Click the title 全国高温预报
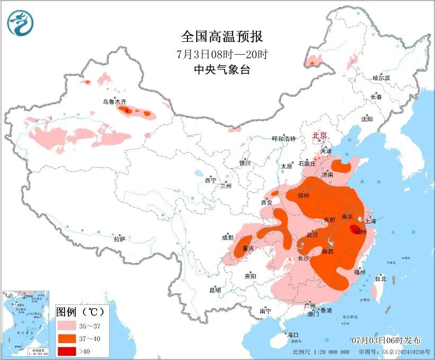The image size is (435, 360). point(221,37)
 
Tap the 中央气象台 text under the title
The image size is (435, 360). point(221,69)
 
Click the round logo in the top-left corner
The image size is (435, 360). point(21,23)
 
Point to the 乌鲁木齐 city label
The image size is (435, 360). point(115,101)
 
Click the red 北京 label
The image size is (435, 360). point(321,136)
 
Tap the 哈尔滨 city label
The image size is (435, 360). point(381,78)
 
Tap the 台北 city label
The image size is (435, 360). point(380,278)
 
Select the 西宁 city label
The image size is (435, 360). point(210,180)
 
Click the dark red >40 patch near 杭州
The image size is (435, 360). point(354,229)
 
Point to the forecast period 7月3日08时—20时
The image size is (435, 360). point(221,54)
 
